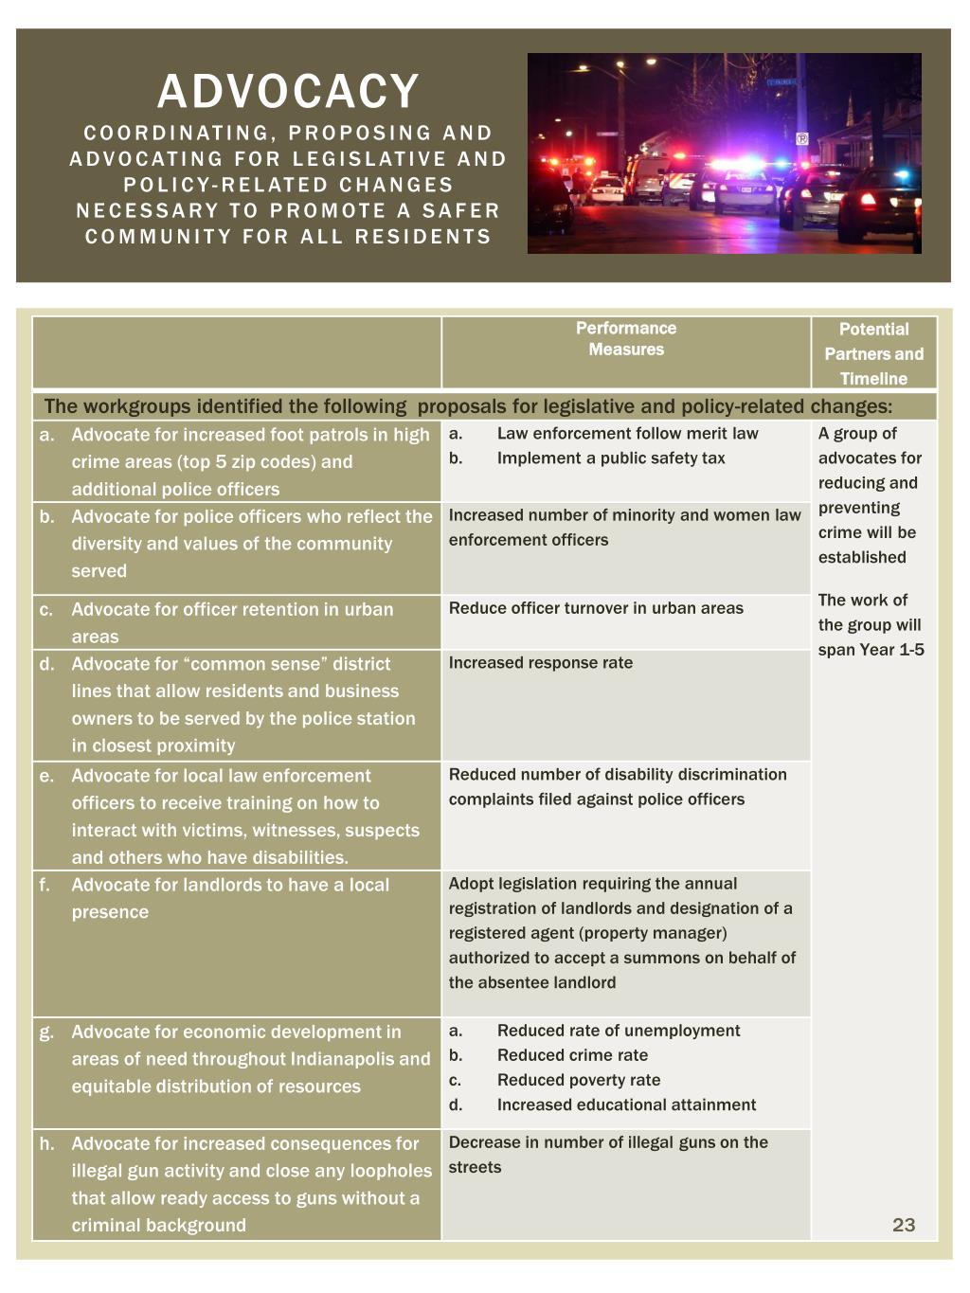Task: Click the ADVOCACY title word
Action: point(288,92)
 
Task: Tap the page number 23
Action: point(904,1225)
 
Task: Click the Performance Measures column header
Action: point(626,339)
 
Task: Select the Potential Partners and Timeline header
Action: point(873,353)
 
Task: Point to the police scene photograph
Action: point(724,153)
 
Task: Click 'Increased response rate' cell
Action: point(541,663)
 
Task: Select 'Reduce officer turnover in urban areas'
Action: point(596,608)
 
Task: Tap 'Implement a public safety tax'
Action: point(611,458)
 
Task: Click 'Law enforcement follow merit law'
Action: point(627,434)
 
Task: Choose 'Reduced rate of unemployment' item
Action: point(619,1031)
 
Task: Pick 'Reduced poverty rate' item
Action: point(579,1080)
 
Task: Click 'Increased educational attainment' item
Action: point(626,1104)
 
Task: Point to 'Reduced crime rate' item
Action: point(572,1055)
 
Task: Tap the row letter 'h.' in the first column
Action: point(46,1144)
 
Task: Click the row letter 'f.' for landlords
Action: point(45,886)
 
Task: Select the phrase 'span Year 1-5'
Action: point(871,650)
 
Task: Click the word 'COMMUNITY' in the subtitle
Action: point(158,237)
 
